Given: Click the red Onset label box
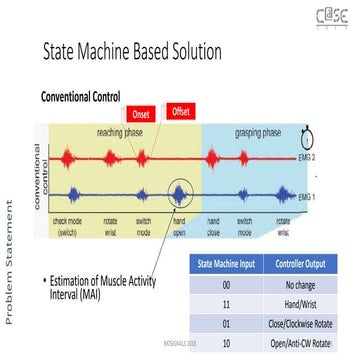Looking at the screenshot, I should click(x=141, y=114).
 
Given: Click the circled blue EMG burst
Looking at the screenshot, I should click(x=179, y=192).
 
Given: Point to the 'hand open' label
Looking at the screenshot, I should click(x=181, y=225).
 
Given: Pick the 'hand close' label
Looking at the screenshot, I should click(x=214, y=225).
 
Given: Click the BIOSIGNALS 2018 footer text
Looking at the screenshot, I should click(x=177, y=339).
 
